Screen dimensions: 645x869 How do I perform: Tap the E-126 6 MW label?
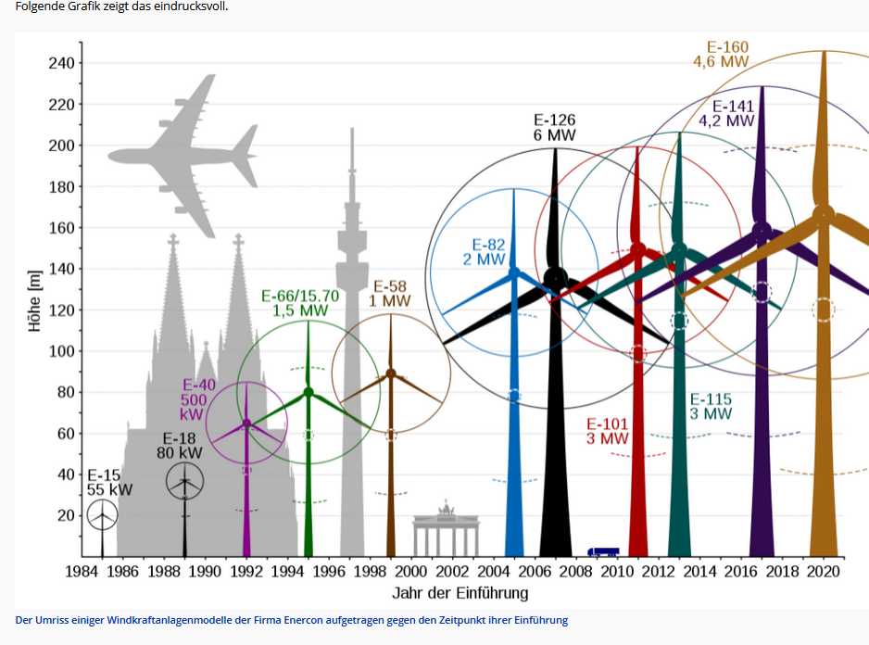tap(555, 127)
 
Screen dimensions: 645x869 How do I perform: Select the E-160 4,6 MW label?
tap(721, 55)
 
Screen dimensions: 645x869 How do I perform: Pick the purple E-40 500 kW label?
tap(197, 399)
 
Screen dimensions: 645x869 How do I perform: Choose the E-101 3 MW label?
tap(608, 431)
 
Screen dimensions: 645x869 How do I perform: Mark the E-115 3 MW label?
tap(711, 407)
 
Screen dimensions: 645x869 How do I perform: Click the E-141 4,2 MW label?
tap(727, 113)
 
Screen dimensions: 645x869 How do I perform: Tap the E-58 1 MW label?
tap(390, 294)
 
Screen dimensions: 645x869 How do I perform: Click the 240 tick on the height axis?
tap(61, 63)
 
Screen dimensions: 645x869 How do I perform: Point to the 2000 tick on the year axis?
tap(411, 572)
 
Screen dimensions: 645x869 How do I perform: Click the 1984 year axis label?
tap(83, 572)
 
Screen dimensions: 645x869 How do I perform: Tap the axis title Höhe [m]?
tap(35, 300)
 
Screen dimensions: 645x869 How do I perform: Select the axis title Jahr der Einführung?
tap(460, 593)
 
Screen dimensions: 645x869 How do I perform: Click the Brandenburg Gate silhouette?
tap(447, 533)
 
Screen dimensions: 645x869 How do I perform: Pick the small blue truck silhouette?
tap(603, 551)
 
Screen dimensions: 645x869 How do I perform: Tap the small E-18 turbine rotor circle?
tap(184, 481)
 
